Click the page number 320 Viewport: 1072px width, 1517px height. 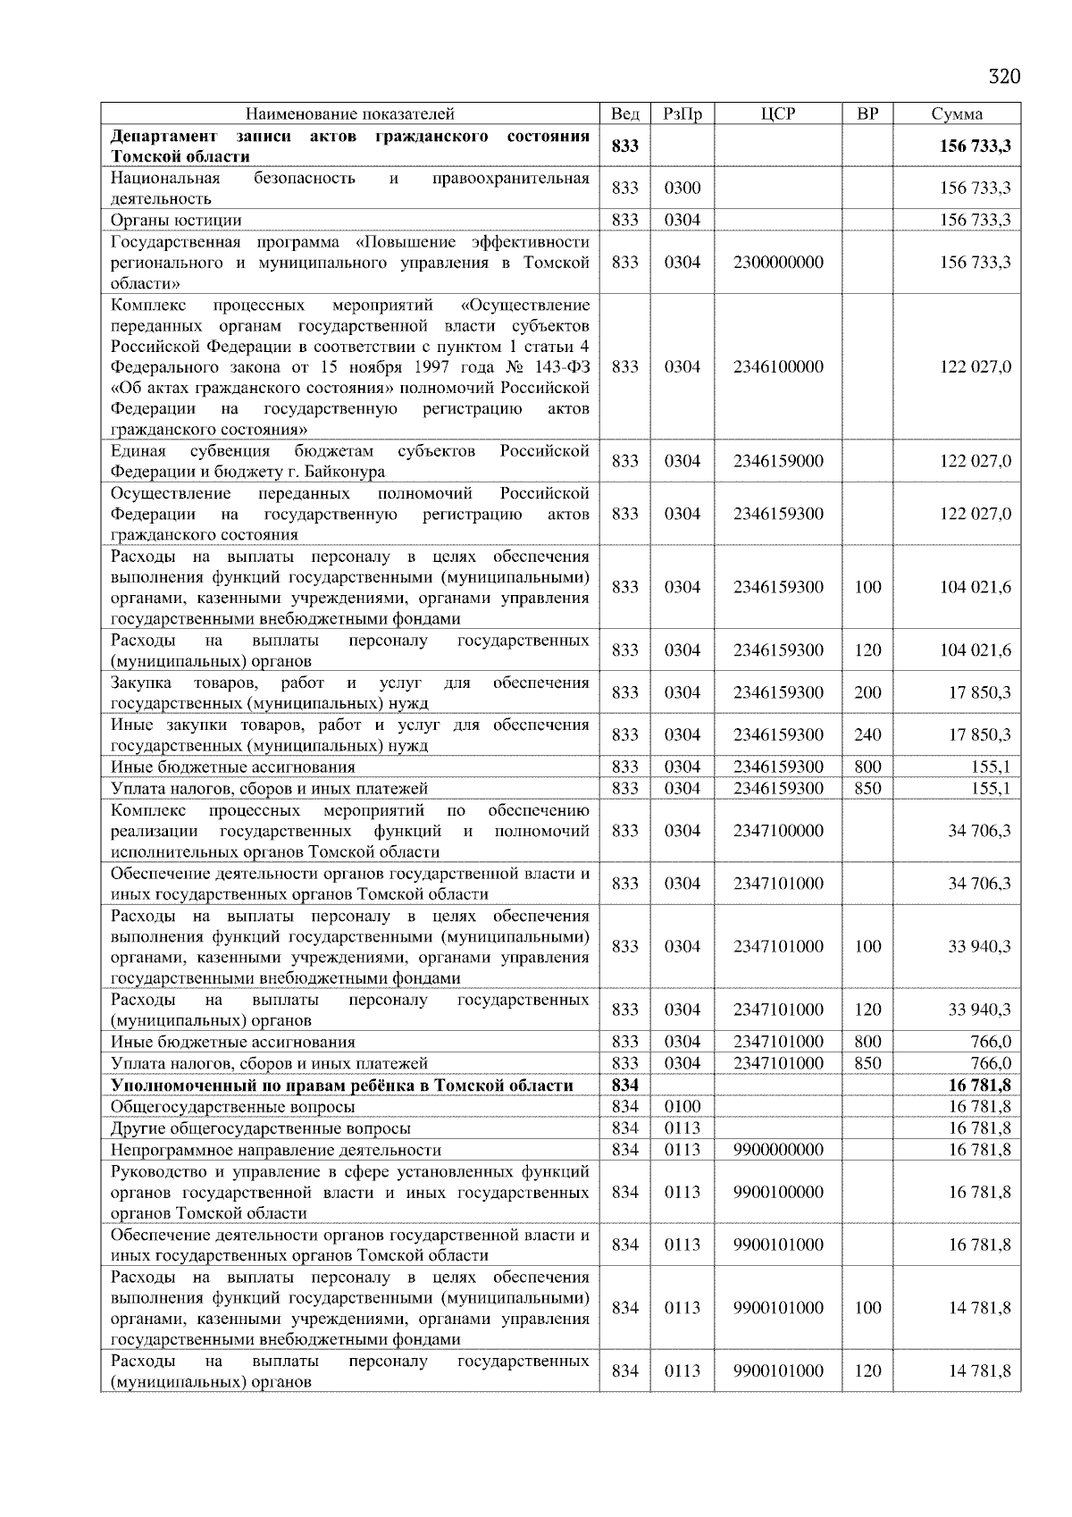coord(1004,77)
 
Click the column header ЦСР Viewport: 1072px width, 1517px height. coord(778,113)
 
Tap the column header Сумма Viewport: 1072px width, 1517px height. coord(957,113)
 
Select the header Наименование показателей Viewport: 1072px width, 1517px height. coord(350,113)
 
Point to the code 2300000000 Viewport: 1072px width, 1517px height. coord(778,263)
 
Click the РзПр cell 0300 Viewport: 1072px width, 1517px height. coord(683,188)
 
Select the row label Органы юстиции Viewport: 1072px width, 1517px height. coord(176,220)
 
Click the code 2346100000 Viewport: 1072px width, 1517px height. coord(778,367)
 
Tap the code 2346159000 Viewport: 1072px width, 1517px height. coord(778,461)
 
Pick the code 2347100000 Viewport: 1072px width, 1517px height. coord(778,831)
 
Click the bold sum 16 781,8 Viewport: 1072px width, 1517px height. coord(979,1085)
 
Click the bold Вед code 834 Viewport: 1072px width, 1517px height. coord(624,1085)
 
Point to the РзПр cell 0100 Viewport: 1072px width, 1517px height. coord(683,1107)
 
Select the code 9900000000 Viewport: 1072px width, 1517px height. coord(778,1150)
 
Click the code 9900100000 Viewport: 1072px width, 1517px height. coord(778,1192)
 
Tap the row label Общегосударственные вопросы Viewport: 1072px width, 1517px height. coord(233,1107)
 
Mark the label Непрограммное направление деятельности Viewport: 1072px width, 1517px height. coord(276,1150)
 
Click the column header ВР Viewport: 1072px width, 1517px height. coord(867,113)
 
